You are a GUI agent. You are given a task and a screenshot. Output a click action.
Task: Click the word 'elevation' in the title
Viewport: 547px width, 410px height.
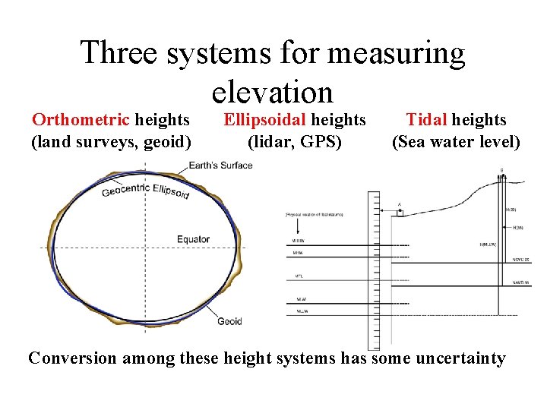click(x=273, y=93)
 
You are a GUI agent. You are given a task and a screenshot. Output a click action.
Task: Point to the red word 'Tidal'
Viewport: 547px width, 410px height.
click(x=426, y=119)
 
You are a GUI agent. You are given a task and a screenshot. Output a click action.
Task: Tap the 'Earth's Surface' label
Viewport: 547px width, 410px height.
click(x=220, y=166)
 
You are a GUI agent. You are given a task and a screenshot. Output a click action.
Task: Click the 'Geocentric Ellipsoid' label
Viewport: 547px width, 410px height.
click(x=146, y=191)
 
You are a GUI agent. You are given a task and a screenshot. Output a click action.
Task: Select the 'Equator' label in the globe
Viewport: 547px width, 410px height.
click(x=193, y=239)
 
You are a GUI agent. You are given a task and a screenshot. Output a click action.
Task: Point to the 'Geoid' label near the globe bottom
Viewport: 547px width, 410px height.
click(x=229, y=321)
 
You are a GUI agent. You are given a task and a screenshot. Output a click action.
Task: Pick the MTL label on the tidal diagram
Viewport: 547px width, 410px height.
click(x=297, y=276)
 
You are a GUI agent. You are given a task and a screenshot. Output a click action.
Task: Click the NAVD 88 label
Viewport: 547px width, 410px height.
click(x=521, y=283)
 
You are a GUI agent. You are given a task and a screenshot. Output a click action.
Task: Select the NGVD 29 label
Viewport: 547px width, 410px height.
click(x=521, y=260)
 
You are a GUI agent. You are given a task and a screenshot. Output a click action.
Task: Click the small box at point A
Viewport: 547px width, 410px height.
click(x=400, y=213)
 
